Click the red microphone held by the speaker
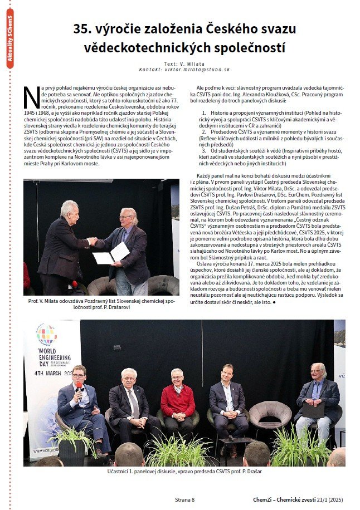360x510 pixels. coord(80,386)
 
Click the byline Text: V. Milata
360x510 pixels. coord(184,63)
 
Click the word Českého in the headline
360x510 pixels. coord(225,29)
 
